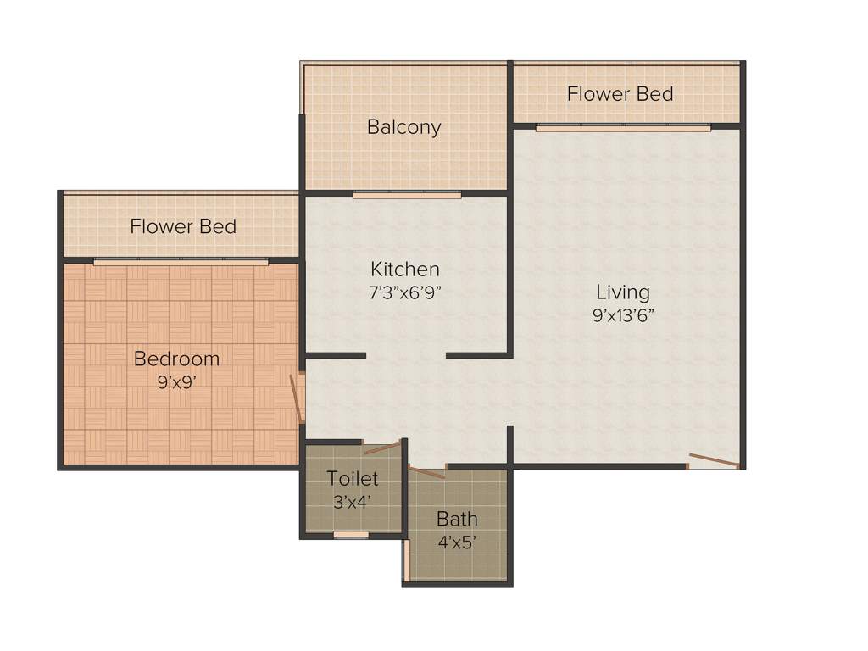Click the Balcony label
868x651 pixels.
pos(403,127)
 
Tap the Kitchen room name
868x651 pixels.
pos(405,270)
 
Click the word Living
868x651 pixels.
pos(623,292)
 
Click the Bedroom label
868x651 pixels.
pos(176,359)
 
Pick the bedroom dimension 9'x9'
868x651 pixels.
pos(176,381)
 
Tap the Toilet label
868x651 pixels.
pos(353,479)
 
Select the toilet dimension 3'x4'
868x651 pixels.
pos(353,501)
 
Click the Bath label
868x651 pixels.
pos(457,519)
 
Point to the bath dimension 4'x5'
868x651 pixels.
pos(457,542)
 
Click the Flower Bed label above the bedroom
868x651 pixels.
pos(183,226)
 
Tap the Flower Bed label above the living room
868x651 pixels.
pos(620,93)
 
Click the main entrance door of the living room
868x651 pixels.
pos(714,461)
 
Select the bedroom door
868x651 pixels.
pos(297,398)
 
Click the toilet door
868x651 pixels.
pos(381,448)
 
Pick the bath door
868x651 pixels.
pos(426,471)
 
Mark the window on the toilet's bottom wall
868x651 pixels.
pos(351,535)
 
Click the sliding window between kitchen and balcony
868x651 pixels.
pos(407,195)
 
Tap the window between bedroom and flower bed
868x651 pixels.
pos(181,262)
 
